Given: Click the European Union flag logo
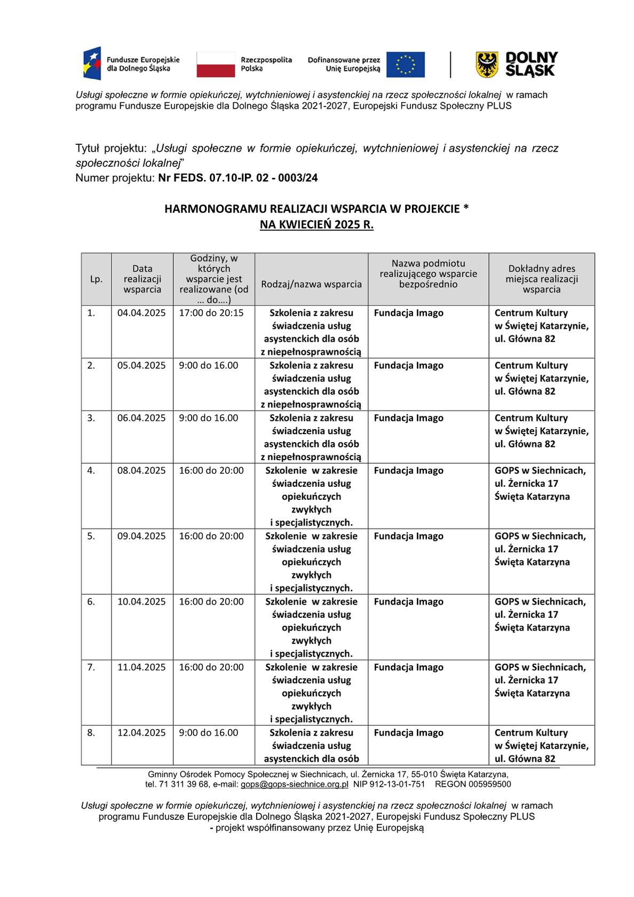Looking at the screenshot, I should [405, 65].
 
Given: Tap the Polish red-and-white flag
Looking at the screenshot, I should [216, 65].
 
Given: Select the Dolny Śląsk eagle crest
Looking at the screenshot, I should [487, 65].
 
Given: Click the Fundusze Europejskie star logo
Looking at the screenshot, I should [92, 64].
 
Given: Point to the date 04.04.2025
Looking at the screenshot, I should [141, 313].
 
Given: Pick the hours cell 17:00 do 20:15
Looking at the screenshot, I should [211, 313].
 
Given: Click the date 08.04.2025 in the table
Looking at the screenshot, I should [141, 470].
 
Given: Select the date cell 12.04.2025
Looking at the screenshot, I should [141, 733].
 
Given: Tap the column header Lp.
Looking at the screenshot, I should [96, 279].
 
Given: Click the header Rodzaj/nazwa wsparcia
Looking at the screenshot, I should [311, 284].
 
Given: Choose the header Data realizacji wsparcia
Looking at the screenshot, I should [142, 279].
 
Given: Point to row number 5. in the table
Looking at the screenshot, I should [91, 536].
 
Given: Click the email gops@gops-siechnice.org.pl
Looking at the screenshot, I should [294, 784].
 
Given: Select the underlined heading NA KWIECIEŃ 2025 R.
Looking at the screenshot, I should [316, 225].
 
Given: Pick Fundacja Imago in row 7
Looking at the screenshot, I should [408, 667].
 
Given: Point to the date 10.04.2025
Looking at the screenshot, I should [141, 602].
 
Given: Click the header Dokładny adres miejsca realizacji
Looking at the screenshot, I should [542, 279].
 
